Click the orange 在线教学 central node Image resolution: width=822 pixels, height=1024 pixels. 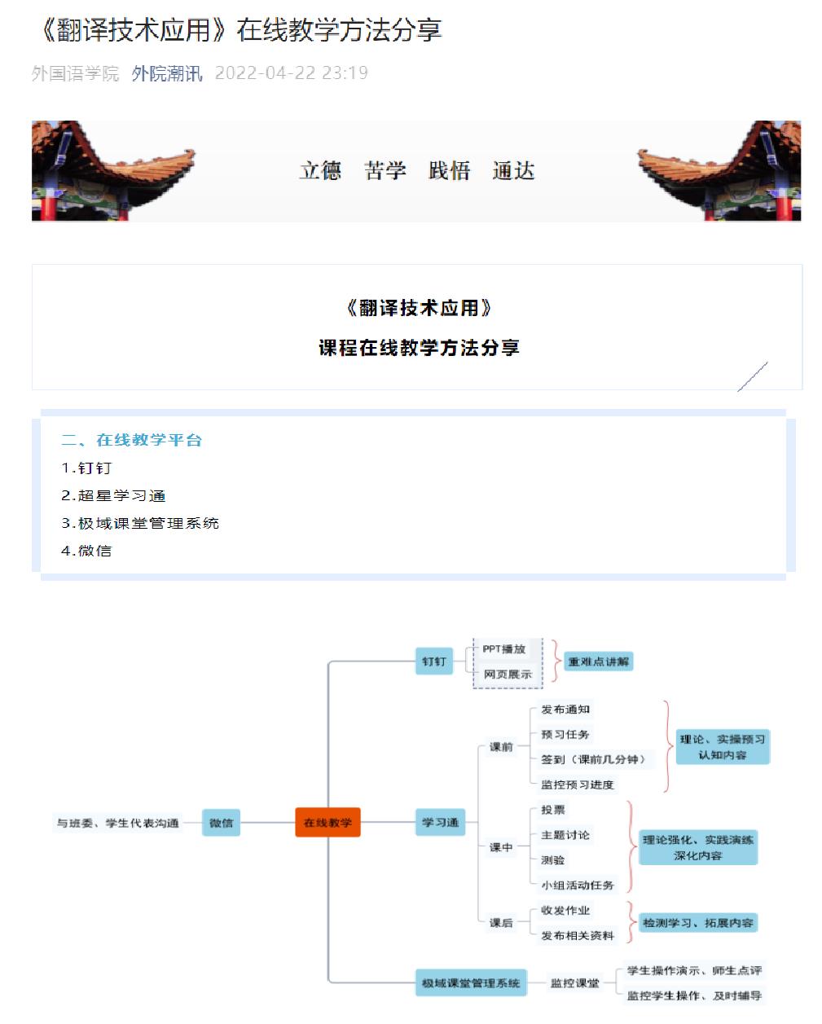pyautogui.click(x=327, y=823)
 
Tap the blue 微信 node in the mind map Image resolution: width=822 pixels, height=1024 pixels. pyautogui.click(x=221, y=823)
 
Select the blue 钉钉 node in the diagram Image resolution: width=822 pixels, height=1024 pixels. pyautogui.click(x=434, y=661)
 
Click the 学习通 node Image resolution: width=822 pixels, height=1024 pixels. pyautogui.click(x=440, y=822)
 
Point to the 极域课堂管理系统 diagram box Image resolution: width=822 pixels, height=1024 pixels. pyautogui.click(x=471, y=983)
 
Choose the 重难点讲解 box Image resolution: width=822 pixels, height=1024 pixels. pyautogui.click(x=599, y=661)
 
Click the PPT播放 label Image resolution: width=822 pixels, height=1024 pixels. pyautogui.click(x=503, y=648)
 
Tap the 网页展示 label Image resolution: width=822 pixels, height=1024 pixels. pyautogui.click(x=507, y=675)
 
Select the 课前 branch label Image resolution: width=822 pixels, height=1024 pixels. pyautogui.click(x=501, y=746)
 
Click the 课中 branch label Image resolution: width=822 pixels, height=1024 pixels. pyautogui.click(x=501, y=847)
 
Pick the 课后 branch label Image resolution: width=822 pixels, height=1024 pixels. pyautogui.click(x=501, y=923)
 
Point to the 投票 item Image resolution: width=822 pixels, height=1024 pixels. pyautogui.click(x=553, y=810)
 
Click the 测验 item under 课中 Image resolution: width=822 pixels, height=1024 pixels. pyautogui.click(x=553, y=860)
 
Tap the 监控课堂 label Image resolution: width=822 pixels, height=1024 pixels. pyautogui.click(x=574, y=983)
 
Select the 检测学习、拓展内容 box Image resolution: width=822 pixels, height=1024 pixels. pyautogui.click(x=697, y=923)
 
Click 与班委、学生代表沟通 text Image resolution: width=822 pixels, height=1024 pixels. pyautogui.click(x=117, y=823)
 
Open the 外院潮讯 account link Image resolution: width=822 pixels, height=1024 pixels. pyautogui.click(x=167, y=73)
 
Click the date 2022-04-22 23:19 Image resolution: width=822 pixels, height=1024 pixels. pyautogui.click(x=291, y=73)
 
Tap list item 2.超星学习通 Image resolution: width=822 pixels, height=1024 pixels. pyautogui.click(x=114, y=495)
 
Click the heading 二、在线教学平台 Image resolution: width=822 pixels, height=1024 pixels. pyautogui.click(x=132, y=440)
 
